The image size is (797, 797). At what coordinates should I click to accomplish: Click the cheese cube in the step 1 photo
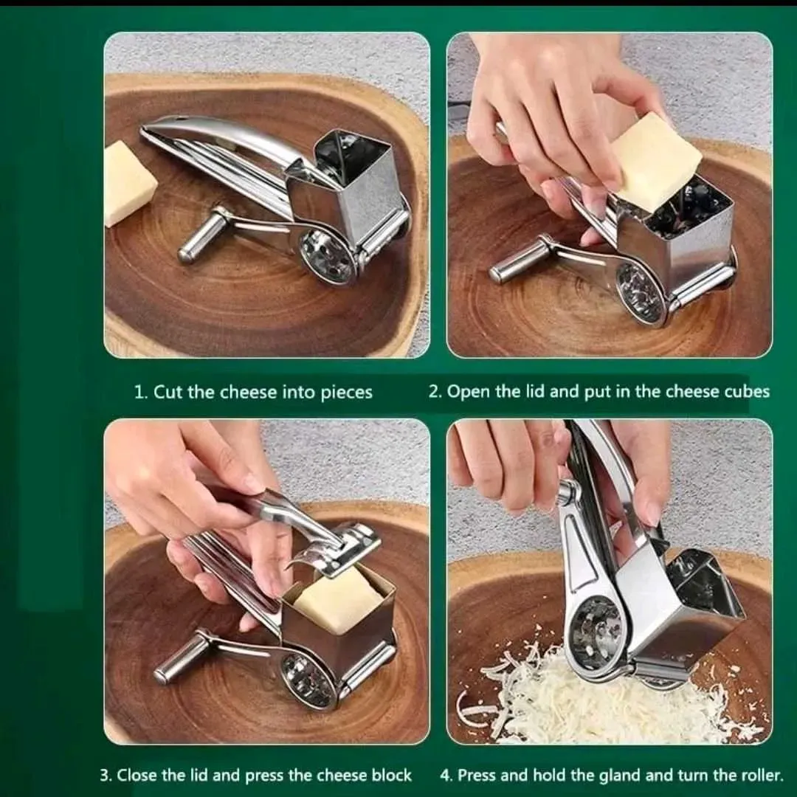click(129, 184)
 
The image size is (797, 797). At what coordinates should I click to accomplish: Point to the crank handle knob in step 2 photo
click(514, 263)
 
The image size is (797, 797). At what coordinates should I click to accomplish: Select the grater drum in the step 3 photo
click(308, 680)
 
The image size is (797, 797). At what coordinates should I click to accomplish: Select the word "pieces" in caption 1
click(347, 393)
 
